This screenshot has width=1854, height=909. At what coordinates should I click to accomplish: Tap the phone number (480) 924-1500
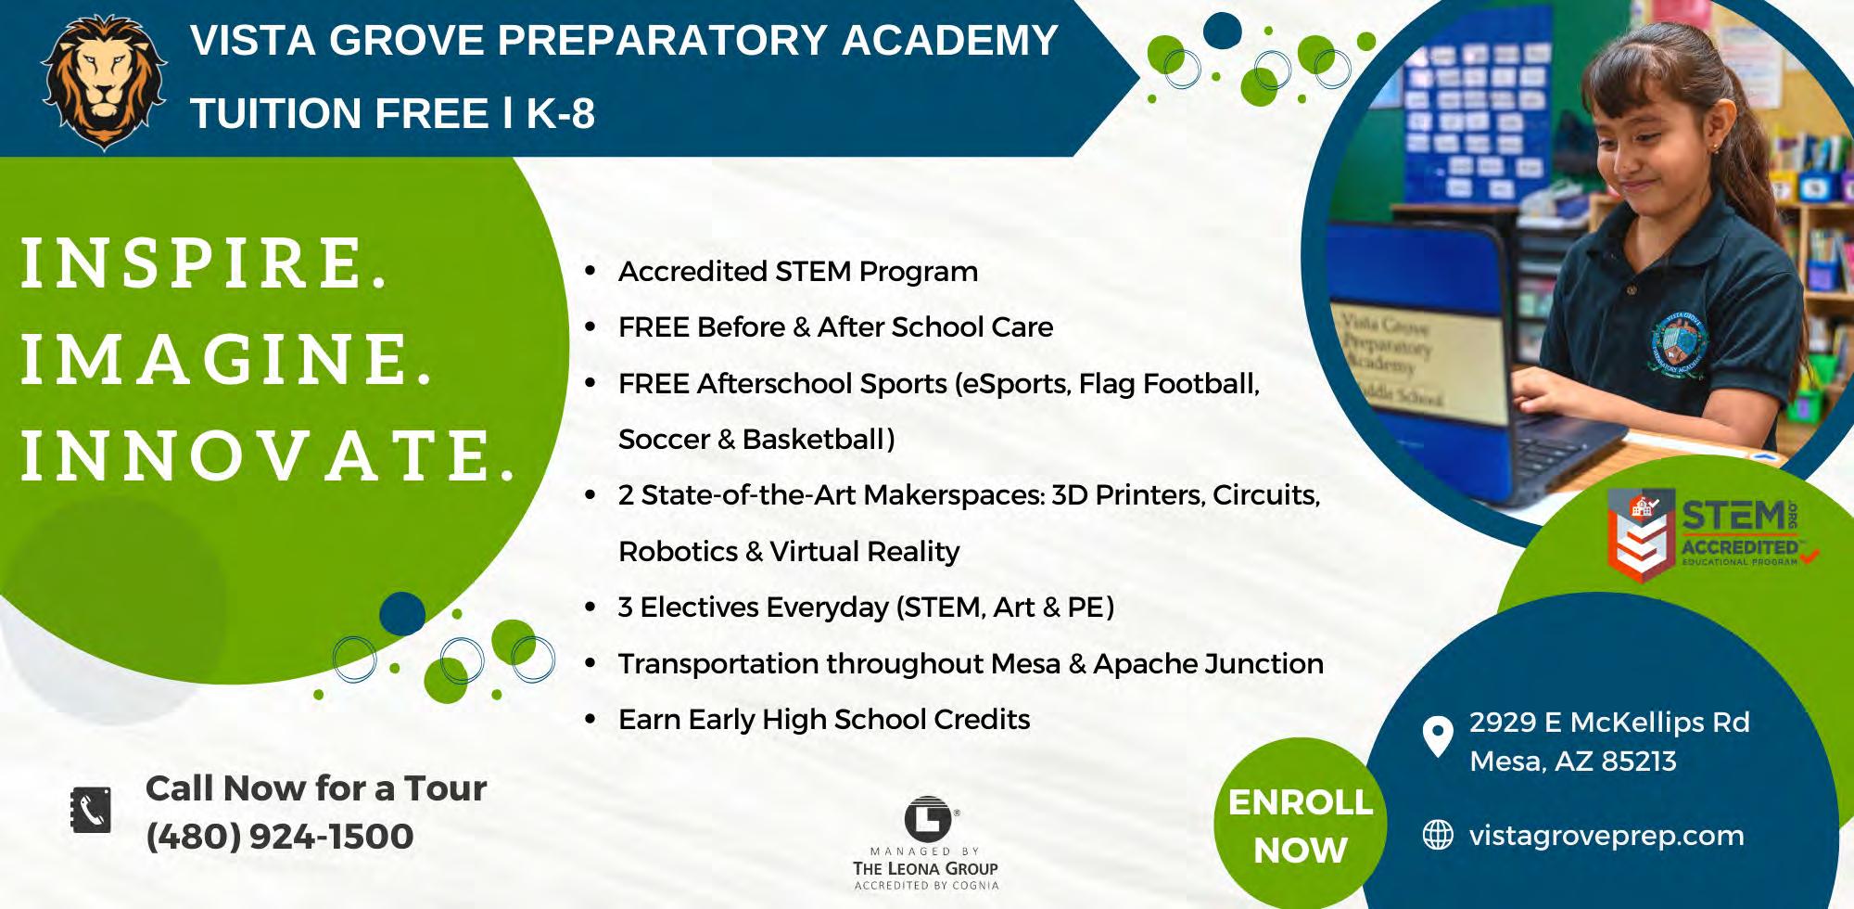coord(280,837)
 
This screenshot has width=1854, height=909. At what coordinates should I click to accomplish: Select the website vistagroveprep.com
coord(1606,836)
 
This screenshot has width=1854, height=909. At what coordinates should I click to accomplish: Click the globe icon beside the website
coord(1438,835)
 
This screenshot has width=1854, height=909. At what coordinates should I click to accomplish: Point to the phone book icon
coord(91,811)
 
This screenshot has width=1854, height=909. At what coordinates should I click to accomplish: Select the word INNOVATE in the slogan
coord(267,455)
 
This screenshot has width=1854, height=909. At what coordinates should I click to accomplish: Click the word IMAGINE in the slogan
coord(226,359)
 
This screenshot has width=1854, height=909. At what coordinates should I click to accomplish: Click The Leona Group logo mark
coord(929,817)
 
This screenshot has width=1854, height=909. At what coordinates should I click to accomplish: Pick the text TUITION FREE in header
coord(339,114)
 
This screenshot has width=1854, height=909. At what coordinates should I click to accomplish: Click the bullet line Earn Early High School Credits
coord(824,720)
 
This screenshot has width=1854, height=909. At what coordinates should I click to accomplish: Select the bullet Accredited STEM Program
coord(798,272)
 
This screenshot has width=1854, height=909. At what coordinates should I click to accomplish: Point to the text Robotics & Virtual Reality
coord(789,552)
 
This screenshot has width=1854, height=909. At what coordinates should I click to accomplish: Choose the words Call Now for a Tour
coord(316,788)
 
